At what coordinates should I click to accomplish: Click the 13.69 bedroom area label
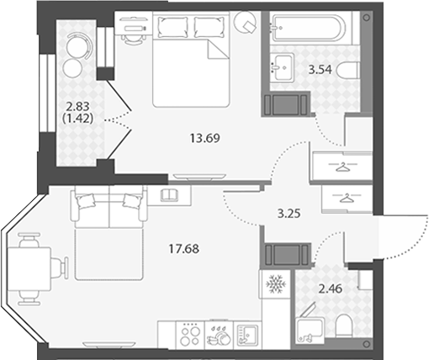pyautogui.click(x=205, y=138)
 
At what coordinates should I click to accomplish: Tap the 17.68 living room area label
pyautogui.click(x=184, y=249)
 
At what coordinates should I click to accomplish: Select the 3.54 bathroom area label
pyautogui.click(x=320, y=70)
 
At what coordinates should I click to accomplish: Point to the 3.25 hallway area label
pyautogui.click(x=289, y=214)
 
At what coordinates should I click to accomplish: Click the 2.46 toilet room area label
pyautogui.click(x=331, y=289)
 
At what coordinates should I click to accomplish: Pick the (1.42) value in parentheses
pyautogui.click(x=77, y=119)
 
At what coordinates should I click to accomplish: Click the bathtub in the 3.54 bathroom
pyautogui.click(x=310, y=28)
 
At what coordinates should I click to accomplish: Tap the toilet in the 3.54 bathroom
pyautogui.click(x=348, y=71)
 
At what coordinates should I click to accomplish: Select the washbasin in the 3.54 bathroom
pyautogui.click(x=283, y=67)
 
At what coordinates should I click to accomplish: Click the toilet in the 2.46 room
pyautogui.click(x=343, y=326)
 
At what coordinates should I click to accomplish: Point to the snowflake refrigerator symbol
pyautogui.click(x=276, y=283)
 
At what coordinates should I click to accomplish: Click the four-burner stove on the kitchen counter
pyautogui.click(x=190, y=335)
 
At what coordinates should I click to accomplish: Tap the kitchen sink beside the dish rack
pyautogui.click(x=247, y=335)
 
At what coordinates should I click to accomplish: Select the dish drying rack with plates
pyautogui.click(x=220, y=335)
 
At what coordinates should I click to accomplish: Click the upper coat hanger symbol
pyautogui.click(x=343, y=167)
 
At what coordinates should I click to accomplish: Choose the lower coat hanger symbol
pyautogui.click(x=347, y=198)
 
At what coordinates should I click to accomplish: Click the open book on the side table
pyautogui.click(x=170, y=195)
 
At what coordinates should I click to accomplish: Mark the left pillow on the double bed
pyautogui.click(x=172, y=27)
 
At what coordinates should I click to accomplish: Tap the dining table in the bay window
pyautogui.click(x=29, y=269)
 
